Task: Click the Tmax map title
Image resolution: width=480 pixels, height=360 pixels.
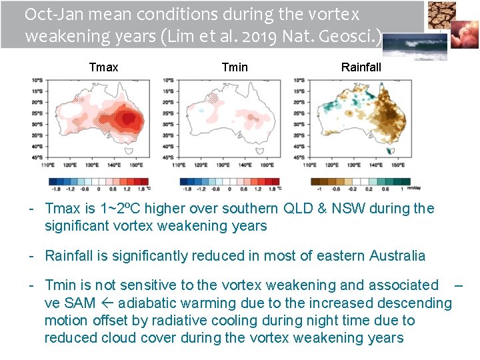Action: click(x=103, y=67)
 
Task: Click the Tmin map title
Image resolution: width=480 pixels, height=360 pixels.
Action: click(x=234, y=67)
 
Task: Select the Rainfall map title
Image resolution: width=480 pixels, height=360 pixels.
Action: click(x=361, y=67)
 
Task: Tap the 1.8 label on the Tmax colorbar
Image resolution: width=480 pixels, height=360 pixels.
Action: click(x=138, y=189)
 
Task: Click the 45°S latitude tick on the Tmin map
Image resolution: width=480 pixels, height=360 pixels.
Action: click(x=168, y=157)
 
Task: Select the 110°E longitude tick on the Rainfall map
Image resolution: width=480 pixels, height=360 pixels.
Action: click(x=309, y=164)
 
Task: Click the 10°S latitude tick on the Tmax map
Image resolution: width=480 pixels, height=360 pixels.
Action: click(x=38, y=81)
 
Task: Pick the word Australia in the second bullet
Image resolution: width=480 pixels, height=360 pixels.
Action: click(x=393, y=255)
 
